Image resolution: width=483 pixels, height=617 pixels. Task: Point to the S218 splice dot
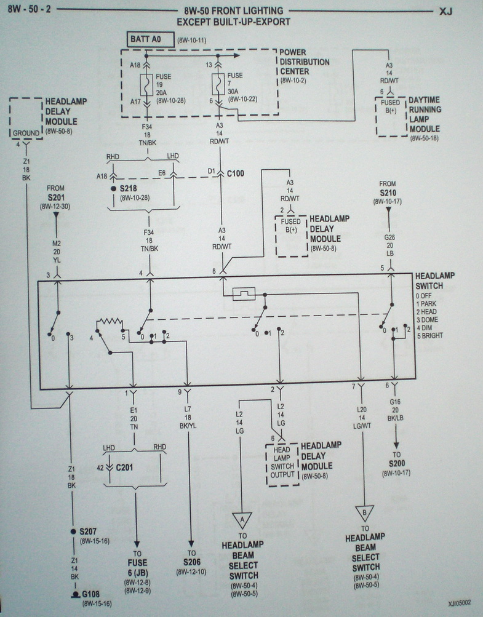[113, 188]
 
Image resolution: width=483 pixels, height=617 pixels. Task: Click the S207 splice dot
[72, 530]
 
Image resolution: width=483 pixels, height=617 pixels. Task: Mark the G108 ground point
[72, 595]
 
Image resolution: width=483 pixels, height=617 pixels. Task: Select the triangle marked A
[242, 520]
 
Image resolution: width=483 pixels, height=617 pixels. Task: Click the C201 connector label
[124, 469]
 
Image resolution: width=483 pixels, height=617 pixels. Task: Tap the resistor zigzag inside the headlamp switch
[110, 322]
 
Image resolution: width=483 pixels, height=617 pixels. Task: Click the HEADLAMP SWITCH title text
[434, 281]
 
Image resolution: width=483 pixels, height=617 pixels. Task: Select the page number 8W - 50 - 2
[25, 11]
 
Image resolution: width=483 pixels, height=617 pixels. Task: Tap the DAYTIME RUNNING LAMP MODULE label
[425, 114]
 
